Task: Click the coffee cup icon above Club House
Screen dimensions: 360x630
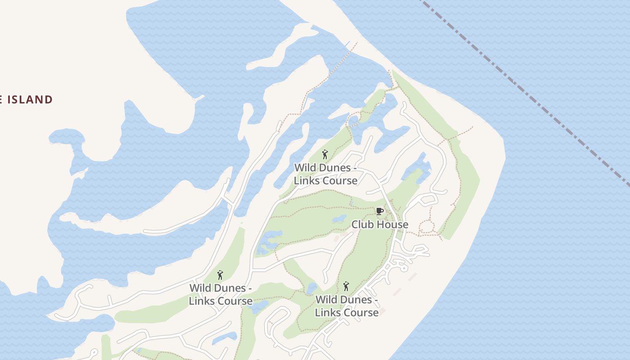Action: [380, 211]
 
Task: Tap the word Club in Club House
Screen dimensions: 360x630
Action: [363, 224]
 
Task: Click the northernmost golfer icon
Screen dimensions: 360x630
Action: [325, 155]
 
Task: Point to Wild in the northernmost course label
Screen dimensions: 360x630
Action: [305, 168]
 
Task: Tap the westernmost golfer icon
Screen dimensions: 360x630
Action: [220, 275]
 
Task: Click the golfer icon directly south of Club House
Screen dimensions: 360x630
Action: [346, 286]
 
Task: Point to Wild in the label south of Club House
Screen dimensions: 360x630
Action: [326, 300]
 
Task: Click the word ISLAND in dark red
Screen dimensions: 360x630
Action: [30, 99]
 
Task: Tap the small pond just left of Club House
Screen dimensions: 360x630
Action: [339, 219]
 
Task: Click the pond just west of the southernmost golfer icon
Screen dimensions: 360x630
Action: [312, 288]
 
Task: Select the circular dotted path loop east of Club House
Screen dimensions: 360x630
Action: [426, 227]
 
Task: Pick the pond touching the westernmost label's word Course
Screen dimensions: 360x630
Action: [258, 307]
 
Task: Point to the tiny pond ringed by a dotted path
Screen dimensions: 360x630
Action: [353, 120]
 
